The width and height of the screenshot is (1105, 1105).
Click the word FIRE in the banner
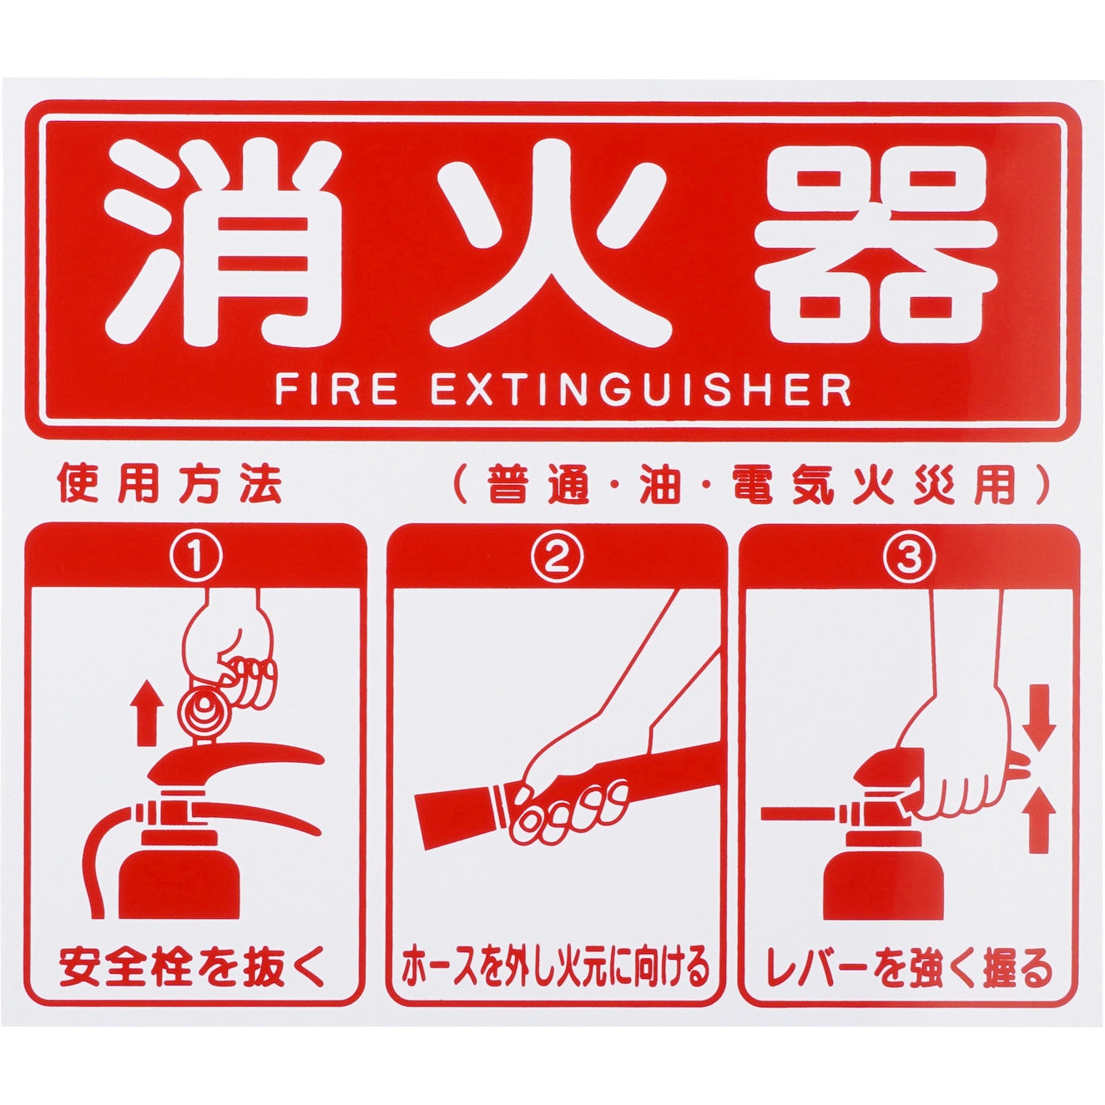(336, 391)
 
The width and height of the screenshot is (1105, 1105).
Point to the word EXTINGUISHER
(641, 391)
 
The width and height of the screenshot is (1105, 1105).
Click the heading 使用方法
(169, 485)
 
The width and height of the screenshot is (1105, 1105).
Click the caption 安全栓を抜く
(193, 967)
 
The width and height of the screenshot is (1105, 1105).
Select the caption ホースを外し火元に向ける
(555, 967)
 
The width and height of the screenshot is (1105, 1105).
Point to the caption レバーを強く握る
(909, 967)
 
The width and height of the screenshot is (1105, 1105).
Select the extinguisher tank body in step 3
(870, 876)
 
